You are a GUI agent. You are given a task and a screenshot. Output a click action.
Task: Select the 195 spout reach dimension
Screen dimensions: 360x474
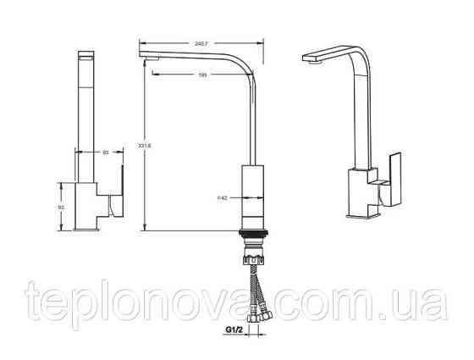(202, 75)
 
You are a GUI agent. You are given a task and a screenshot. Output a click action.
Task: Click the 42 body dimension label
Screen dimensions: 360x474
(222, 198)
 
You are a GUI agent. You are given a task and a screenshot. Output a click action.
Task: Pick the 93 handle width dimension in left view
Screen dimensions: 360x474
(105, 152)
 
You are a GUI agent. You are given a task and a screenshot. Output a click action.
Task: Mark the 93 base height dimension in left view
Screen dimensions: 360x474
(62, 206)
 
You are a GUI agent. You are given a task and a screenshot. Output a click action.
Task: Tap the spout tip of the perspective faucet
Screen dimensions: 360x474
(310, 61)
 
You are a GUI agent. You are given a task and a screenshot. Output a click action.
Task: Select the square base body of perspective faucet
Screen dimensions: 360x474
(361, 194)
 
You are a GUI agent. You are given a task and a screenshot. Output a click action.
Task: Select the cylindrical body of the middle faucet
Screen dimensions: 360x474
(254, 194)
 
